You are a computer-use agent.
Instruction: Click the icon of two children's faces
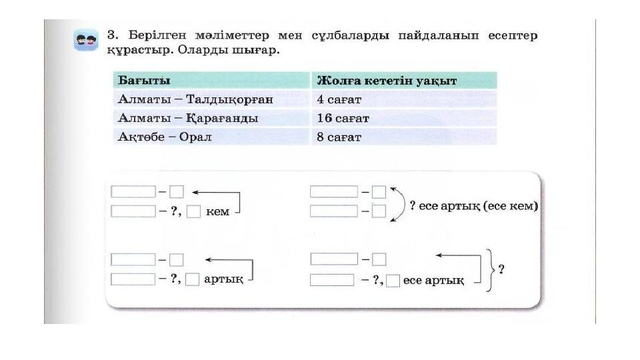click(x=86, y=40)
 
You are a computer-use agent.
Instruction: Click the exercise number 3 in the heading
click(x=111, y=35)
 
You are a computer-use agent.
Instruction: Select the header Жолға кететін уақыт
click(x=387, y=81)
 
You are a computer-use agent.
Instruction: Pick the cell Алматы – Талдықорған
click(x=195, y=99)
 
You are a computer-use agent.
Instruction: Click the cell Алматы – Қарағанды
click(x=188, y=119)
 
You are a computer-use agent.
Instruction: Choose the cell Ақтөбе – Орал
click(x=165, y=137)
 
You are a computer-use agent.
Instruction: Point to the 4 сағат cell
click(x=339, y=99)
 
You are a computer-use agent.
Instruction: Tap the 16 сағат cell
click(x=343, y=119)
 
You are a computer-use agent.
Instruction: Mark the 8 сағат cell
click(x=339, y=137)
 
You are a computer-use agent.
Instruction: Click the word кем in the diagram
click(x=217, y=211)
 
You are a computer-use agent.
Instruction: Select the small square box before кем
click(x=193, y=211)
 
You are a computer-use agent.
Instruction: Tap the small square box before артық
click(x=192, y=279)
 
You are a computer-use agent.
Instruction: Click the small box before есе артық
click(x=393, y=281)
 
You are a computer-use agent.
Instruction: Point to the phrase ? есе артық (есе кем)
click(x=473, y=206)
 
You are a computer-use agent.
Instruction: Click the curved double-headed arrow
click(x=404, y=204)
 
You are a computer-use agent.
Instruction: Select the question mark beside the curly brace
click(x=501, y=269)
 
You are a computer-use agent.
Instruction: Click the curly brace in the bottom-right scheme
click(x=490, y=270)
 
